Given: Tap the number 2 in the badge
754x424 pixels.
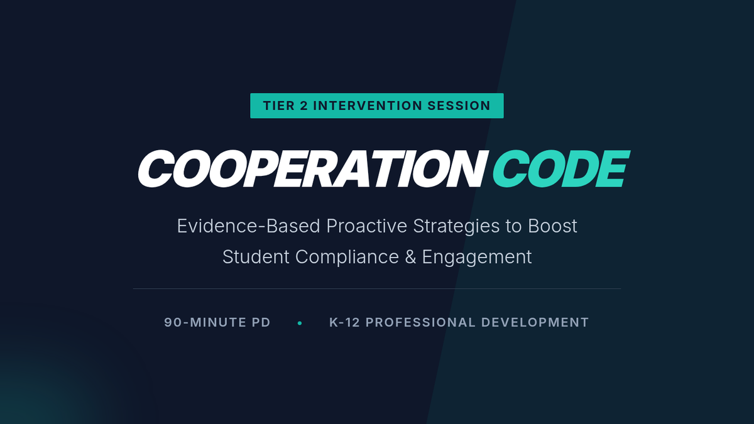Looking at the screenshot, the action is (x=303, y=106).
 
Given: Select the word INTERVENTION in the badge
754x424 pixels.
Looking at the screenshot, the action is (x=368, y=106).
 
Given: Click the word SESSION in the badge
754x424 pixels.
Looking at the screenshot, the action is (x=459, y=106).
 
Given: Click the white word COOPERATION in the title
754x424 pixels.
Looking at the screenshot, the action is (x=313, y=168).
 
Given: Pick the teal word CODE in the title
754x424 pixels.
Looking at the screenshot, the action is (x=560, y=168).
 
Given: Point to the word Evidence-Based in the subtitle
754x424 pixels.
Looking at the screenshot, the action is (x=248, y=226).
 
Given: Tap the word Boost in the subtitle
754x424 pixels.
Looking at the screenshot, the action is (x=552, y=226).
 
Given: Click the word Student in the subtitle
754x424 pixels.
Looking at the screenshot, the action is (x=256, y=257).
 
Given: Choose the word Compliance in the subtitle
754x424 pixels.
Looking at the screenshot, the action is (x=347, y=258).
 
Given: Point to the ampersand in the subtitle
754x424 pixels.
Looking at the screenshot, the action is (x=410, y=257).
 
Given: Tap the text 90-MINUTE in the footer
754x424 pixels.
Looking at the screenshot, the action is (x=205, y=322).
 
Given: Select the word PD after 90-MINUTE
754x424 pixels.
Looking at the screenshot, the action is (x=261, y=322).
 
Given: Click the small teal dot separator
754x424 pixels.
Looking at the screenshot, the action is (x=300, y=323).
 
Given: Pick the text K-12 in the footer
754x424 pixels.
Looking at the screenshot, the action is (x=345, y=322).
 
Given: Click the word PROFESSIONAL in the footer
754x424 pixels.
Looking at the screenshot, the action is (x=420, y=322).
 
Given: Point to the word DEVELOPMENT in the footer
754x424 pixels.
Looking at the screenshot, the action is (x=535, y=322).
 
